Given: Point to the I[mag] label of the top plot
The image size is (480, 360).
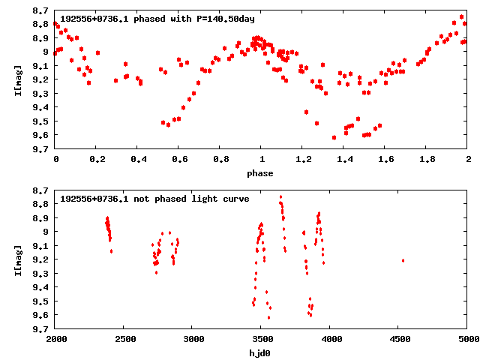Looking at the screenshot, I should (17, 80).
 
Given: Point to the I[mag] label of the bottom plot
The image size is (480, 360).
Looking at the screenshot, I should (17, 259).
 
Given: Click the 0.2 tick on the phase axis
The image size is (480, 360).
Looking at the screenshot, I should (96, 160).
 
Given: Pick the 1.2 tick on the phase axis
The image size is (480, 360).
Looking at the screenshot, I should (302, 160).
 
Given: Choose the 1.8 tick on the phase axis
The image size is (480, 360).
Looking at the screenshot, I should (426, 160).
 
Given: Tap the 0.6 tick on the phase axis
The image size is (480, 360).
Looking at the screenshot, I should (178, 160).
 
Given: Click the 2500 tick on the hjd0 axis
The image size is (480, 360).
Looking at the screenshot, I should (124, 339).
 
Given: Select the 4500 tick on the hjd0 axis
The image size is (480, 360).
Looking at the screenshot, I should (399, 339).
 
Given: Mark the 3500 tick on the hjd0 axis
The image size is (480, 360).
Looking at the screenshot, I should (261, 339).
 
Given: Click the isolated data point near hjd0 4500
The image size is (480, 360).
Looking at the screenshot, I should (403, 260).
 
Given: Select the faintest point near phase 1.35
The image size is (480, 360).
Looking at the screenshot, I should (334, 137).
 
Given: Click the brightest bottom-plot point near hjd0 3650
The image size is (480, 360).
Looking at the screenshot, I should (280, 196).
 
